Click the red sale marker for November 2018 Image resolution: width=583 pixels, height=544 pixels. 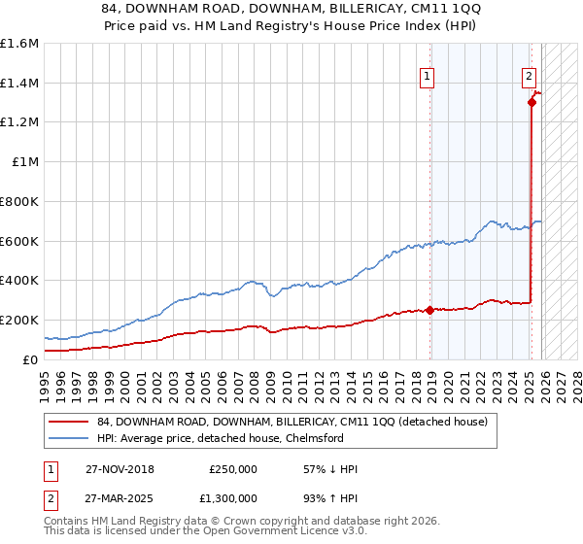(429, 311)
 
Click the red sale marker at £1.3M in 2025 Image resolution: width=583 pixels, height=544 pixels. (532, 102)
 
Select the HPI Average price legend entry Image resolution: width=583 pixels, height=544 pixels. (233, 438)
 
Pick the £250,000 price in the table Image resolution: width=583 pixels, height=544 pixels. (233, 469)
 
